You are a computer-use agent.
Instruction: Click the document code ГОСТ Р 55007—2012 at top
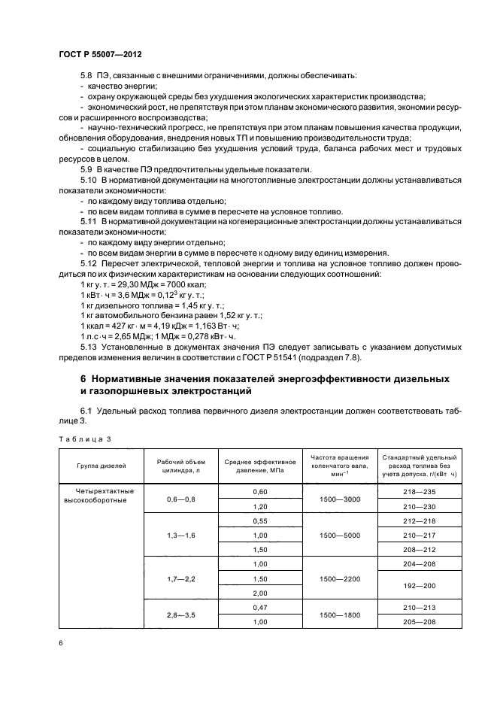[100, 56]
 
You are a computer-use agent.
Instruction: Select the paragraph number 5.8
[86, 76]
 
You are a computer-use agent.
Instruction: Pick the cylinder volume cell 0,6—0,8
[180, 499]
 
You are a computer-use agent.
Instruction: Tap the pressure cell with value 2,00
[260, 593]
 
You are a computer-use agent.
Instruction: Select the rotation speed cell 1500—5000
[339, 536]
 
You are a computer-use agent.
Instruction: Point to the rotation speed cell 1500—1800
[339, 614]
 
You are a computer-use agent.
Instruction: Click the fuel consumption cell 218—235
[419, 491]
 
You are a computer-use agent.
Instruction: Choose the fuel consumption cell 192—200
[419, 585]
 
